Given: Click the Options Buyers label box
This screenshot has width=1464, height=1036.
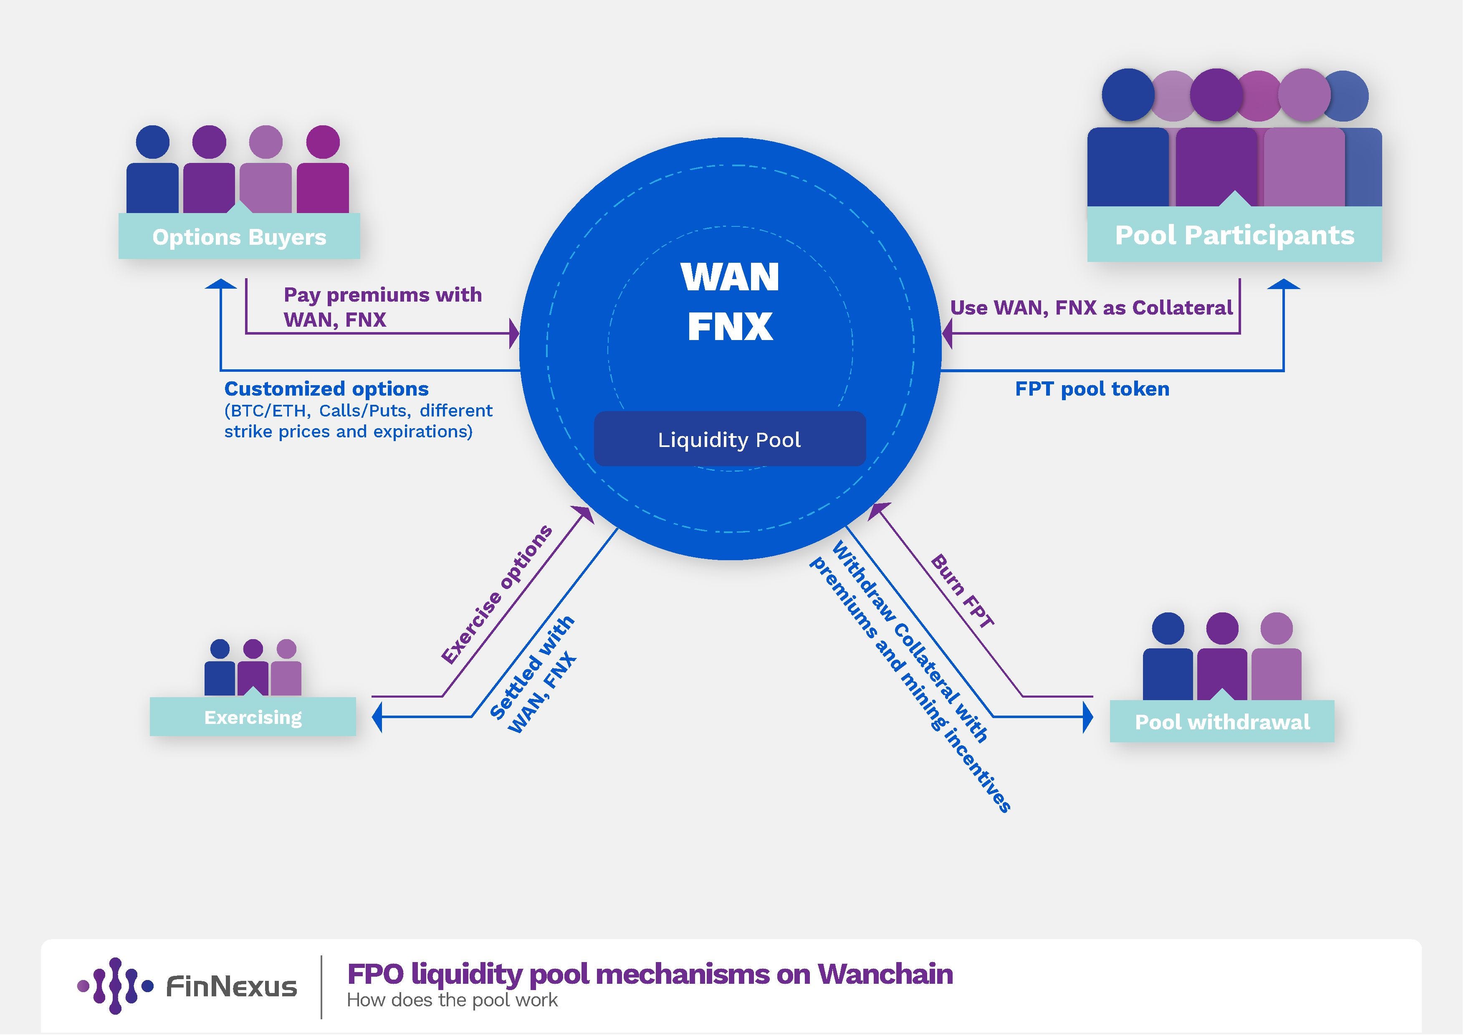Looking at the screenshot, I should tap(239, 237).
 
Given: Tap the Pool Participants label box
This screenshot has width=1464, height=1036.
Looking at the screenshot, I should tap(1234, 235).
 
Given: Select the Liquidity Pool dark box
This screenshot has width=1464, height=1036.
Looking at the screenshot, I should tap(729, 439).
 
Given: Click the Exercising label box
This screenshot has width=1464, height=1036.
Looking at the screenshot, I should tap(253, 717).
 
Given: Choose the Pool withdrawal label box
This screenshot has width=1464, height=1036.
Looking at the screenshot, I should tap(1222, 721).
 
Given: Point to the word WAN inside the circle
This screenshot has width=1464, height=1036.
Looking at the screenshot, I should tap(730, 277).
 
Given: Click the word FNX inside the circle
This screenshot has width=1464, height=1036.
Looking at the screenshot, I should tap(730, 327).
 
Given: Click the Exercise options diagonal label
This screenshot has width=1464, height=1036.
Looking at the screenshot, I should tap(497, 594).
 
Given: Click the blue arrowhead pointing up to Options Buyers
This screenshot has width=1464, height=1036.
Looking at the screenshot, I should tap(220, 284).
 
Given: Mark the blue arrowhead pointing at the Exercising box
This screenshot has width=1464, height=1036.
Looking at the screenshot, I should tap(377, 717).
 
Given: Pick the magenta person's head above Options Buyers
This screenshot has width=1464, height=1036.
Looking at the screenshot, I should tap(323, 142).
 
